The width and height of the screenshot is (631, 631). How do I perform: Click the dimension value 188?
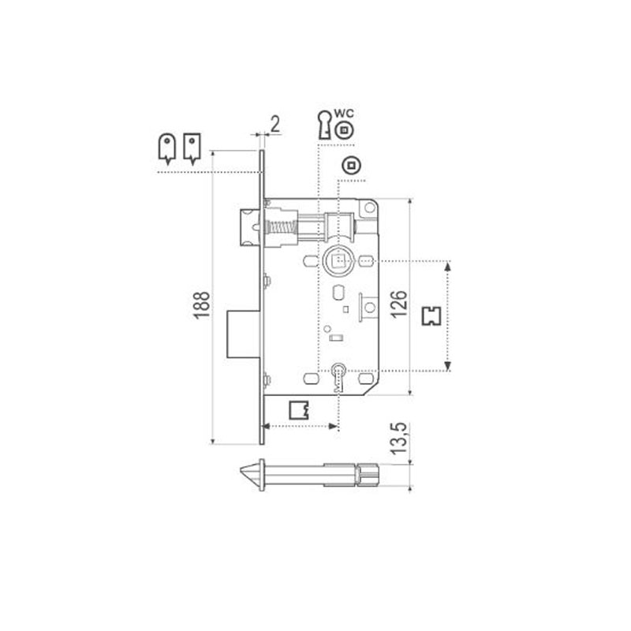[202, 305]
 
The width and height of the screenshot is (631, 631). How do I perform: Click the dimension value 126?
[399, 304]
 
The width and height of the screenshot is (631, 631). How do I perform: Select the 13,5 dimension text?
[399, 439]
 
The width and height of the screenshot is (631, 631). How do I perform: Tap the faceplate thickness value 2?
[274, 125]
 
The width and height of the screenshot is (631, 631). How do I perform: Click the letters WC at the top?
[344, 114]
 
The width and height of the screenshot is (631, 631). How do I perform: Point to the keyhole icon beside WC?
[324, 125]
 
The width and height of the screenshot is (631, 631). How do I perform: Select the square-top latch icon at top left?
[192, 148]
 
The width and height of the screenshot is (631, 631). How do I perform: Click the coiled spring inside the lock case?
[282, 228]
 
